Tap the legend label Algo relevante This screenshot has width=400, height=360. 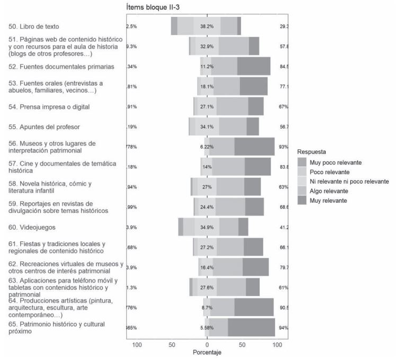click(328, 191)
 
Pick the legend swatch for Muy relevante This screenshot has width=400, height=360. click(302, 201)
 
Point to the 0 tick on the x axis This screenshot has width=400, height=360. click(207, 345)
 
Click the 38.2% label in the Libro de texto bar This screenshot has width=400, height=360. click(207, 26)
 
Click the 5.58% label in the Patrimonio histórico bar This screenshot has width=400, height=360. click(207, 328)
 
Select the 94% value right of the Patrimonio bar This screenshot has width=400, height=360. click(283, 328)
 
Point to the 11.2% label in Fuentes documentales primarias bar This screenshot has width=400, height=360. click(207, 66)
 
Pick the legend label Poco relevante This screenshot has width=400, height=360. click(330, 172)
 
